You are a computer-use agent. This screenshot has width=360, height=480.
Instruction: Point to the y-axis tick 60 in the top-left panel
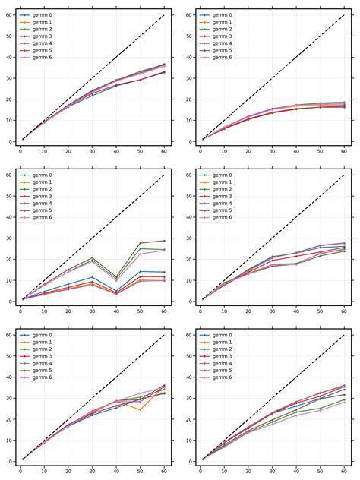tap(8, 15)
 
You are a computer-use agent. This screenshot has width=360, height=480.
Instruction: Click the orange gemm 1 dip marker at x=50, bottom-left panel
tap(140, 410)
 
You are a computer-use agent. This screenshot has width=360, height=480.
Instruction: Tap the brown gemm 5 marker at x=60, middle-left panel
tap(164, 241)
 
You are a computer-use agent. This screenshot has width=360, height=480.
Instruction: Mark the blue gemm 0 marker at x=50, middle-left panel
tap(140, 271)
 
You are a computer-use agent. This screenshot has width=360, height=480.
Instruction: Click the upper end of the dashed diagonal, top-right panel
tap(344, 15)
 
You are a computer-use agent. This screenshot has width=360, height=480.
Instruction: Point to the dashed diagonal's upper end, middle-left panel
tap(164, 175)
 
